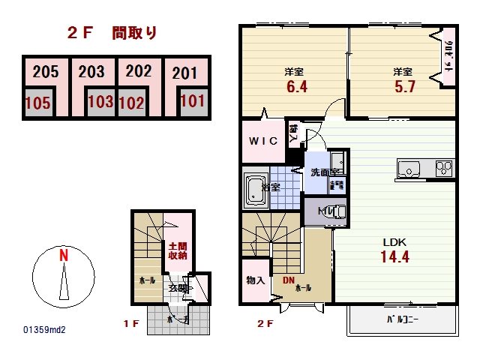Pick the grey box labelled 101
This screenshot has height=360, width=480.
coord(192,100)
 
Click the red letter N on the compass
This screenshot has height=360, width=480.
coord(64,255)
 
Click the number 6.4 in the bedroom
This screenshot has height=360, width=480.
coord(293,87)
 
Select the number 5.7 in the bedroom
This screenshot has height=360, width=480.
coord(403,87)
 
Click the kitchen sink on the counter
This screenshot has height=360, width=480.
coord(409,169)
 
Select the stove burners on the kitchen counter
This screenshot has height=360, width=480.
coord(444,168)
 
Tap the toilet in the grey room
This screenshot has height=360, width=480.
coord(335,212)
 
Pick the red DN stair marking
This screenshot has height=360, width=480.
coord(289,280)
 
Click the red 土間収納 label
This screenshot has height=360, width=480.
coord(178,250)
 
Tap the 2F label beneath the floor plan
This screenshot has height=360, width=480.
coord(265,324)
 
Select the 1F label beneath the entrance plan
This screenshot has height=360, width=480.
coord(132,324)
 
